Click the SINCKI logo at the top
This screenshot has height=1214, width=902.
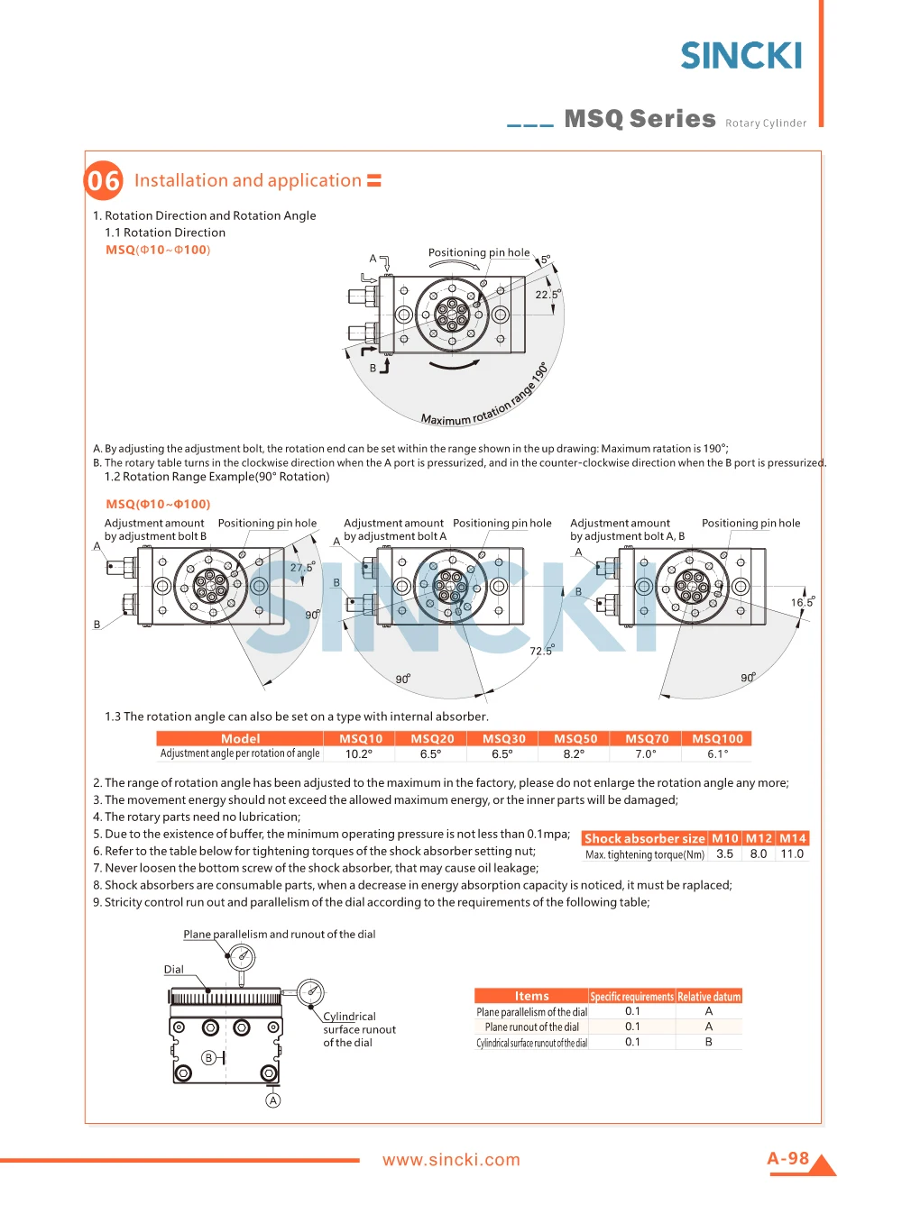(x=741, y=56)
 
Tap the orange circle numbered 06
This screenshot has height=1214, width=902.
(x=104, y=181)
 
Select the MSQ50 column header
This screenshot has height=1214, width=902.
(x=575, y=739)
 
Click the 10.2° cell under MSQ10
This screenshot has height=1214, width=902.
(x=359, y=754)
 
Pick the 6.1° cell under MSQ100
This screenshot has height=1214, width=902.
(x=717, y=754)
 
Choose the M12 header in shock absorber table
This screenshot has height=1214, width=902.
(x=759, y=838)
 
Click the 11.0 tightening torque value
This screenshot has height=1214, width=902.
(x=792, y=854)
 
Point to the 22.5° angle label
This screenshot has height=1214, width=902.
(x=548, y=295)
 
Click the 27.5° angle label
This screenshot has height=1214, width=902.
(x=302, y=568)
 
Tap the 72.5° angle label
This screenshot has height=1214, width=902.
(x=541, y=651)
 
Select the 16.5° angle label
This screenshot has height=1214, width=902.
(x=803, y=602)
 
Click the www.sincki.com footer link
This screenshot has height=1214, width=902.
(x=451, y=1160)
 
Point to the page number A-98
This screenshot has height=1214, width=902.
(x=787, y=1158)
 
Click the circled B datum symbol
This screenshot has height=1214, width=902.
(x=208, y=1057)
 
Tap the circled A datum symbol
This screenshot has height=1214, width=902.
(x=273, y=1100)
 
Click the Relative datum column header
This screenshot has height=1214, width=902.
(x=709, y=997)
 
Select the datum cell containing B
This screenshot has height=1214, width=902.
(x=709, y=1042)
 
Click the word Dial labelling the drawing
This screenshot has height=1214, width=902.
(x=174, y=970)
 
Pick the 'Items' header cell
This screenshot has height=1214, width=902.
(x=531, y=997)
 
